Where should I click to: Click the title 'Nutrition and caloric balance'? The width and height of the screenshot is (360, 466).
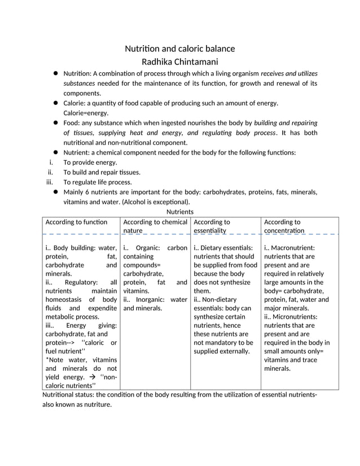(179, 49)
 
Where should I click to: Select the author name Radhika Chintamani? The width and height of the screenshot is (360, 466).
(179, 62)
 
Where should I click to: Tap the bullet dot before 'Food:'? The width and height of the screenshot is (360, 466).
(56, 122)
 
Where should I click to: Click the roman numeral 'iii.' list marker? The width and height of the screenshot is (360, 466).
(49, 182)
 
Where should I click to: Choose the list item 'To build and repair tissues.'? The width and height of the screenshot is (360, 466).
(102, 172)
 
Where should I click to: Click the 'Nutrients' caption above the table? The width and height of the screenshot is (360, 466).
(180, 212)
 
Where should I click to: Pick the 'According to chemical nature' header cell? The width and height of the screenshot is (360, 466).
(155, 226)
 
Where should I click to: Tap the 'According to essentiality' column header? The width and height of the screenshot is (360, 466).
(212, 226)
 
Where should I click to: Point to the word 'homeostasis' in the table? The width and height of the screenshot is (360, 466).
(64, 300)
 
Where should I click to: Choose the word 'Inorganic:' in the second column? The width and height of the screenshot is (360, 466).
(150, 300)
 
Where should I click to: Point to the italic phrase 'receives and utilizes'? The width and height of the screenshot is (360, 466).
(289, 73)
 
